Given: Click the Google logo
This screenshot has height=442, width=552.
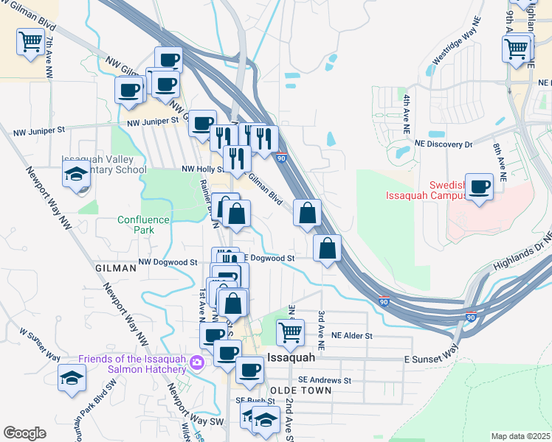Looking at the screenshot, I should point(24,433).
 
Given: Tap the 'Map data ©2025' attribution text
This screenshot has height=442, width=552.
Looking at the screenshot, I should point(520,436).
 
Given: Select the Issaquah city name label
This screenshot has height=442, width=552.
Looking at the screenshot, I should point(291,357).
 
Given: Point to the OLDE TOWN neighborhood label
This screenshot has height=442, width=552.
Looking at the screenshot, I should point(301,390).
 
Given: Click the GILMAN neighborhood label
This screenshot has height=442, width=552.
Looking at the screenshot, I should point(116,269).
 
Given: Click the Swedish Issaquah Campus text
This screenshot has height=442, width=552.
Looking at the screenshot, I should point(426,190).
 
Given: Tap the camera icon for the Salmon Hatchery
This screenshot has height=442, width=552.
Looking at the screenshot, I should point(196,362).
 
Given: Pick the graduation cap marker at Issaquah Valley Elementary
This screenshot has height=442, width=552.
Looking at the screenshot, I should point(76,175).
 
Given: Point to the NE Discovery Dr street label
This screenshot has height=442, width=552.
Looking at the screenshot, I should point(443,144).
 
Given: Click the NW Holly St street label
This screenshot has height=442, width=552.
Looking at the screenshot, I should point(203,169).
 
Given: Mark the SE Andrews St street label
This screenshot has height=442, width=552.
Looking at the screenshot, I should point(324,380).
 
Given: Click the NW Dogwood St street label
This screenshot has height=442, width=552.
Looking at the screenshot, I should point(168,262).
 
